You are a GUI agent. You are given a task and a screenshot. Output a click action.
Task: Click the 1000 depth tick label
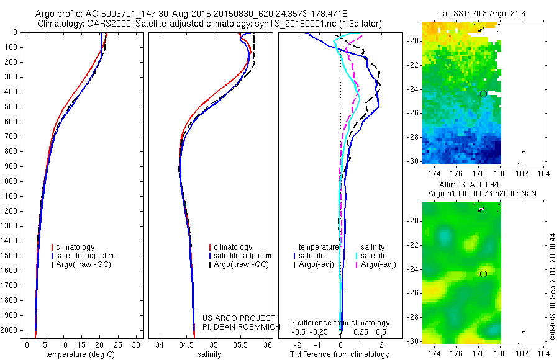(11, 181)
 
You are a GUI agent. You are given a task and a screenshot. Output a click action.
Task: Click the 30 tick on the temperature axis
(137, 344)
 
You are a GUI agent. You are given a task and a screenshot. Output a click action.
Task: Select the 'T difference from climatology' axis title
(340, 354)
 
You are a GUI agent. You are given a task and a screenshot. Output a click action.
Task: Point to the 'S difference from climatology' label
(340, 323)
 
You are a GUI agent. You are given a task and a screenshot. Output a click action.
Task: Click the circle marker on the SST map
(483, 94)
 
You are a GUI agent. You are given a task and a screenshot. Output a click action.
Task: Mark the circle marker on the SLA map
(483, 274)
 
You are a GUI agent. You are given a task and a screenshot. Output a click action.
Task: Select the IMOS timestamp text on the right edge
(553, 283)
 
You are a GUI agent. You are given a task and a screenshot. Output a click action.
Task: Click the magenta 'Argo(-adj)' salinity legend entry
(378, 265)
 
